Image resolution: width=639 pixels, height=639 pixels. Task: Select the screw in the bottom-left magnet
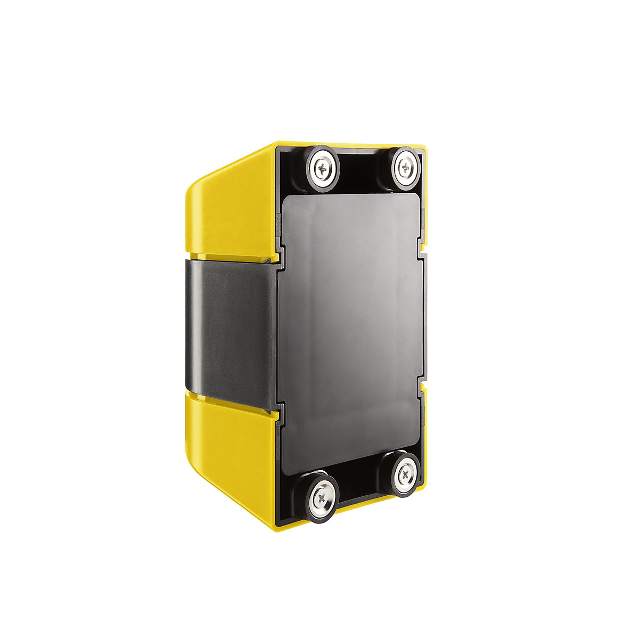pos(323,497)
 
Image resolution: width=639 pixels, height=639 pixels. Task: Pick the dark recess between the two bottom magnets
pos(365,487)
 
